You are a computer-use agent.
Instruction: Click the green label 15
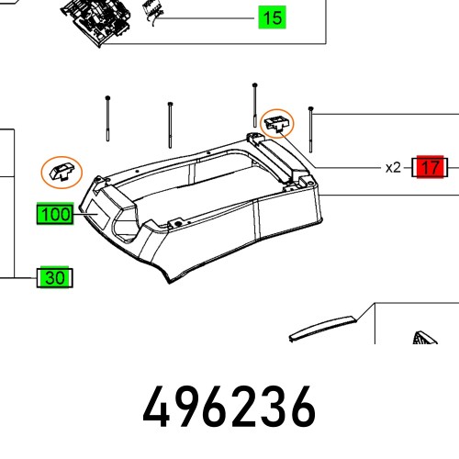click(272, 17)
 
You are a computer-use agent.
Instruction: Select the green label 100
click(56, 215)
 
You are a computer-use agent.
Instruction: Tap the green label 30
click(56, 277)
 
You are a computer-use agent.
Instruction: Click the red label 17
click(430, 168)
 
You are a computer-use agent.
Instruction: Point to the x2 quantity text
click(393, 168)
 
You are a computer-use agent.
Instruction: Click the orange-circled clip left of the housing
click(62, 171)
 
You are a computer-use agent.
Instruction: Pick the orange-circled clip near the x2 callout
click(276, 123)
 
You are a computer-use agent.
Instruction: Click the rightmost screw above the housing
click(313, 129)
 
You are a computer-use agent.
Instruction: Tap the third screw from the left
click(254, 106)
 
